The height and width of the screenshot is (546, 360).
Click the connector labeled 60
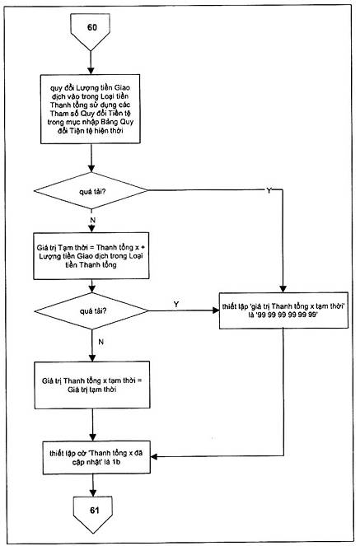(x=91, y=30)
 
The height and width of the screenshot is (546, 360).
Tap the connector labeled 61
(x=93, y=514)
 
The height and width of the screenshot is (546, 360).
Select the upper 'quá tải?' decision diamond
(x=91, y=191)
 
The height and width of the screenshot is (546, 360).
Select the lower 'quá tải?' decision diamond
(x=91, y=310)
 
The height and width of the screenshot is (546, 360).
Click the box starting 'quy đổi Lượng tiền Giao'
(x=90, y=109)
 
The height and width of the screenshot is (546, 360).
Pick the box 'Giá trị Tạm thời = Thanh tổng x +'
(x=91, y=256)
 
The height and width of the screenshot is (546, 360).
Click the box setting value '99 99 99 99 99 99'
(x=283, y=310)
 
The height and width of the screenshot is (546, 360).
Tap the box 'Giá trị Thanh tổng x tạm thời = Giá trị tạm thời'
(x=92, y=385)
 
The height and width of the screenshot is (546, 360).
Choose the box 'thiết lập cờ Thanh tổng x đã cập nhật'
(x=96, y=458)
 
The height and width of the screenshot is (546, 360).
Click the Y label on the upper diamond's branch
(x=269, y=190)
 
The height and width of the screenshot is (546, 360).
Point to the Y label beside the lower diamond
(x=176, y=304)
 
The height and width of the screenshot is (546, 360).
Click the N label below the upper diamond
(x=93, y=220)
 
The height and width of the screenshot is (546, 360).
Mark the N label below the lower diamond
(x=101, y=342)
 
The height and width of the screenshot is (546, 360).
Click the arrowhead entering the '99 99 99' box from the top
(x=283, y=289)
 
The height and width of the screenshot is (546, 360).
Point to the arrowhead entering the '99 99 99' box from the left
(x=216, y=310)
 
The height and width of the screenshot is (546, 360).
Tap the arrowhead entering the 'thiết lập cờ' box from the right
(x=154, y=456)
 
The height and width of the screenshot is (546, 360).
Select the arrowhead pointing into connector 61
(x=93, y=493)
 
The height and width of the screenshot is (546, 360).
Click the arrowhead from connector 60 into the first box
(x=91, y=71)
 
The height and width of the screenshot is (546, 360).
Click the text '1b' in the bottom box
(x=116, y=462)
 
